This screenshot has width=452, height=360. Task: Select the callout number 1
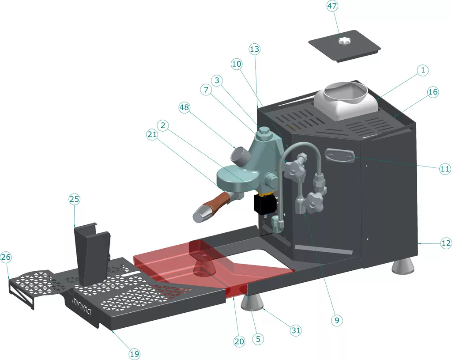tap(422, 70)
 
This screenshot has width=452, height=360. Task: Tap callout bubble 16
tap(433, 92)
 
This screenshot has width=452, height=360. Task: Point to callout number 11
tap(444, 168)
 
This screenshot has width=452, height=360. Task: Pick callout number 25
tap(74, 199)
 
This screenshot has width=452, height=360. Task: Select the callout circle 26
tap(6, 257)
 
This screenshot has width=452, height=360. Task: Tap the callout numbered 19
tap(134, 353)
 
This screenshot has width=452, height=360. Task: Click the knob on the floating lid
tap(344, 41)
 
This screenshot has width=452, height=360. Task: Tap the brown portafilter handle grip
tap(215, 205)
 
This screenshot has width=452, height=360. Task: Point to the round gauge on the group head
tap(239, 155)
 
